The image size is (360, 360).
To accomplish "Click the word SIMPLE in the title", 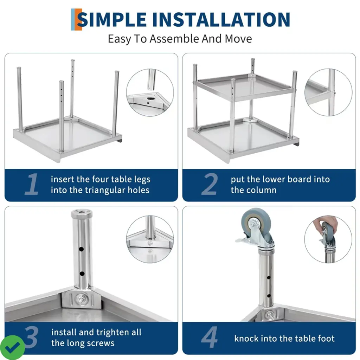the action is coord(112,20).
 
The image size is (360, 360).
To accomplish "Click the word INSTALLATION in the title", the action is coord(221,20).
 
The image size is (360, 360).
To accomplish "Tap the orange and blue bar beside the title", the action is coord(76,20).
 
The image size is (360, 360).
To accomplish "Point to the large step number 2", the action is coord(210,184).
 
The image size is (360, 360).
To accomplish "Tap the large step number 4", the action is coord(210,337).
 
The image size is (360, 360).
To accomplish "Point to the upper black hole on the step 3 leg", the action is coord(81,249).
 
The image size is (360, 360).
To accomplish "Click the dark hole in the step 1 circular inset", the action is coord(151,98).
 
